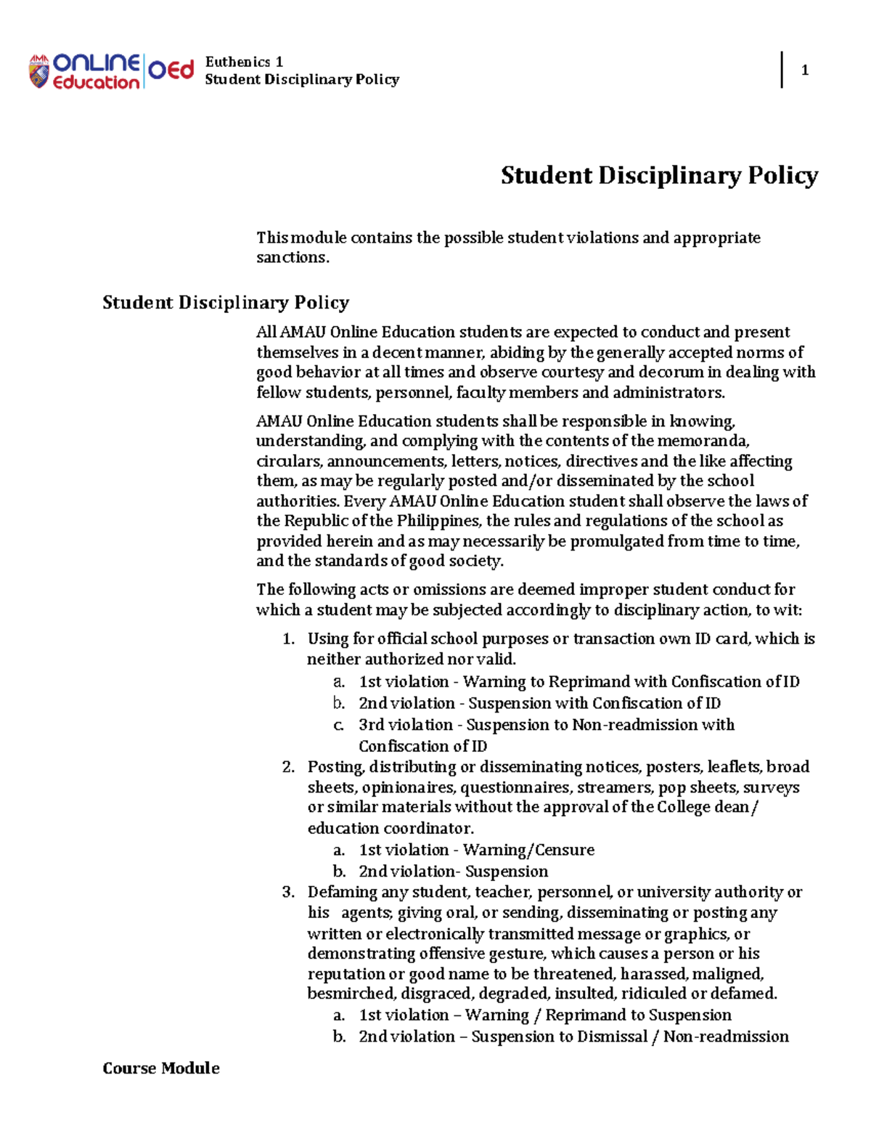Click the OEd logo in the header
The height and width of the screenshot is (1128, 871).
(x=171, y=70)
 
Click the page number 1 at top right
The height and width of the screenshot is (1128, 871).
(x=804, y=70)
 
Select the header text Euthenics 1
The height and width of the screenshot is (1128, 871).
(x=244, y=62)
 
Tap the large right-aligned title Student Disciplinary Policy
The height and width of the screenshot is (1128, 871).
(x=659, y=175)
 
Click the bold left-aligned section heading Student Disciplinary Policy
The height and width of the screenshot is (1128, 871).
(x=226, y=302)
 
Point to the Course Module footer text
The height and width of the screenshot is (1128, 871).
(x=161, y=1068)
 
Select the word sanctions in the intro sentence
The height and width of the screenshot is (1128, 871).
(x=291, y=257)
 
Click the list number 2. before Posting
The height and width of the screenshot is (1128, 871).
(x=288, y=767)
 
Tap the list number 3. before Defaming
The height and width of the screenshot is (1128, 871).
(x=288, y=892)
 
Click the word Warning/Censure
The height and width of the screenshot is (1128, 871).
(x=528, y=850)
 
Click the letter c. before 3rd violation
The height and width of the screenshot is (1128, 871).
(x=338, y=725)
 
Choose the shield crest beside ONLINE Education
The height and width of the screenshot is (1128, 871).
(x=38, y=72)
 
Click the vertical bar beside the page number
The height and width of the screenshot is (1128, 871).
(x=782, y=70)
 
